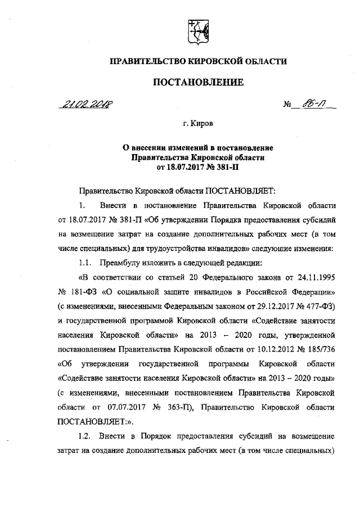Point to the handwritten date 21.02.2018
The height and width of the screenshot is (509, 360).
pos(85,105)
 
